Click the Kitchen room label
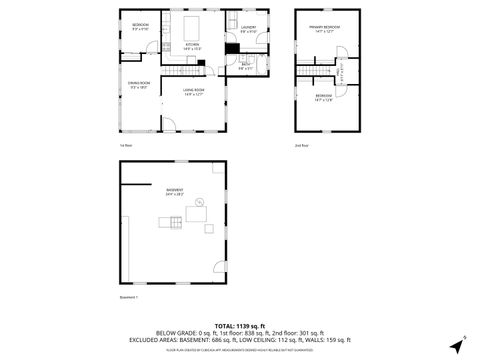pos(193,46)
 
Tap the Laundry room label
pos(249,29)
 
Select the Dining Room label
pos(139,85)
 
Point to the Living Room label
pos(193,92)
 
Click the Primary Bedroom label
pos(322,30)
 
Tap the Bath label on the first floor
pos(246,66)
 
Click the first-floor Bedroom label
pos(141,27)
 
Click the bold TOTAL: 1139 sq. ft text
pos(239,326)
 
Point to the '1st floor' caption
pos(125,146)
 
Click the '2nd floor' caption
pos(301,146)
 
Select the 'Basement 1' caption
pos(128,297)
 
